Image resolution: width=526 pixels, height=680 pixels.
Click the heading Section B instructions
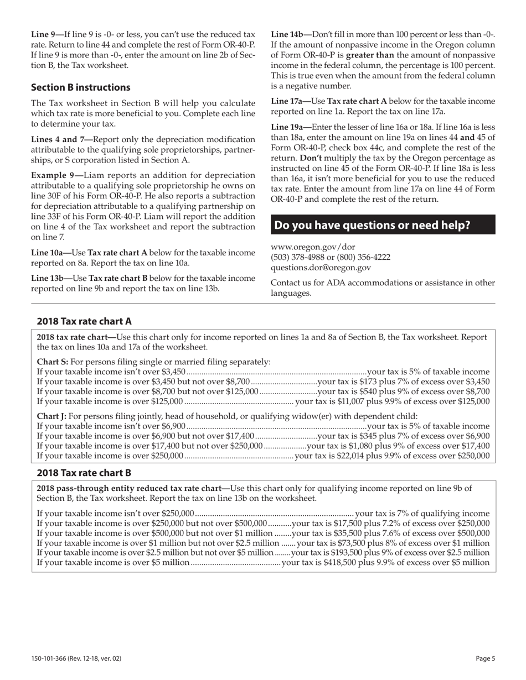(x=81, y=87)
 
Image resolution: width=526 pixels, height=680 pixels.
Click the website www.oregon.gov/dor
(x=313, y=247)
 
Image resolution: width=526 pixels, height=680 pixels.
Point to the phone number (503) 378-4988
(x=296, y=257)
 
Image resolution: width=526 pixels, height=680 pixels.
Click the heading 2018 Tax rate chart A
(x=84, y=322)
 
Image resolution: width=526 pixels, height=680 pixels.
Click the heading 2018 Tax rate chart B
(x=84, y=473)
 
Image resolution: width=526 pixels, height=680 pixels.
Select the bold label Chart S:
(x=52, y=362)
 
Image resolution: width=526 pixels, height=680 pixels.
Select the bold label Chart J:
(x=51, y=416)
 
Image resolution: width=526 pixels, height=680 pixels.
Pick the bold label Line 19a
(x=290, y=127)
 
